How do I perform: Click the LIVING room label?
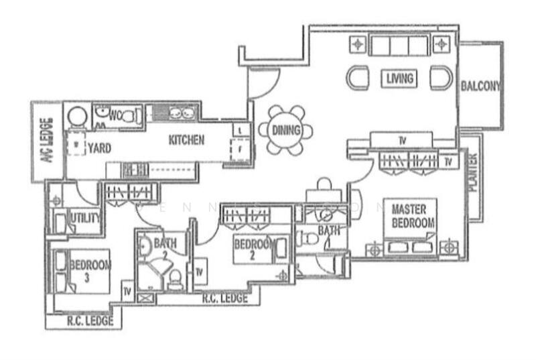(x=400, y=78)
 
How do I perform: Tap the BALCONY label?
(x=480, y=86)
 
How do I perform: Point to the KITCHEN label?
(x=186, y=141)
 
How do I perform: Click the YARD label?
(x=98, y=148)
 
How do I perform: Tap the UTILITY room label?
(x=86, y=219)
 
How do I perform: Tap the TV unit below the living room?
(x=402, y=141)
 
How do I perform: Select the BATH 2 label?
(x=163, y=248)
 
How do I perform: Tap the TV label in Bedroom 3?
(x=127, y=292)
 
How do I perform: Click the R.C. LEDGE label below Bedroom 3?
(x=90, y=321)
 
